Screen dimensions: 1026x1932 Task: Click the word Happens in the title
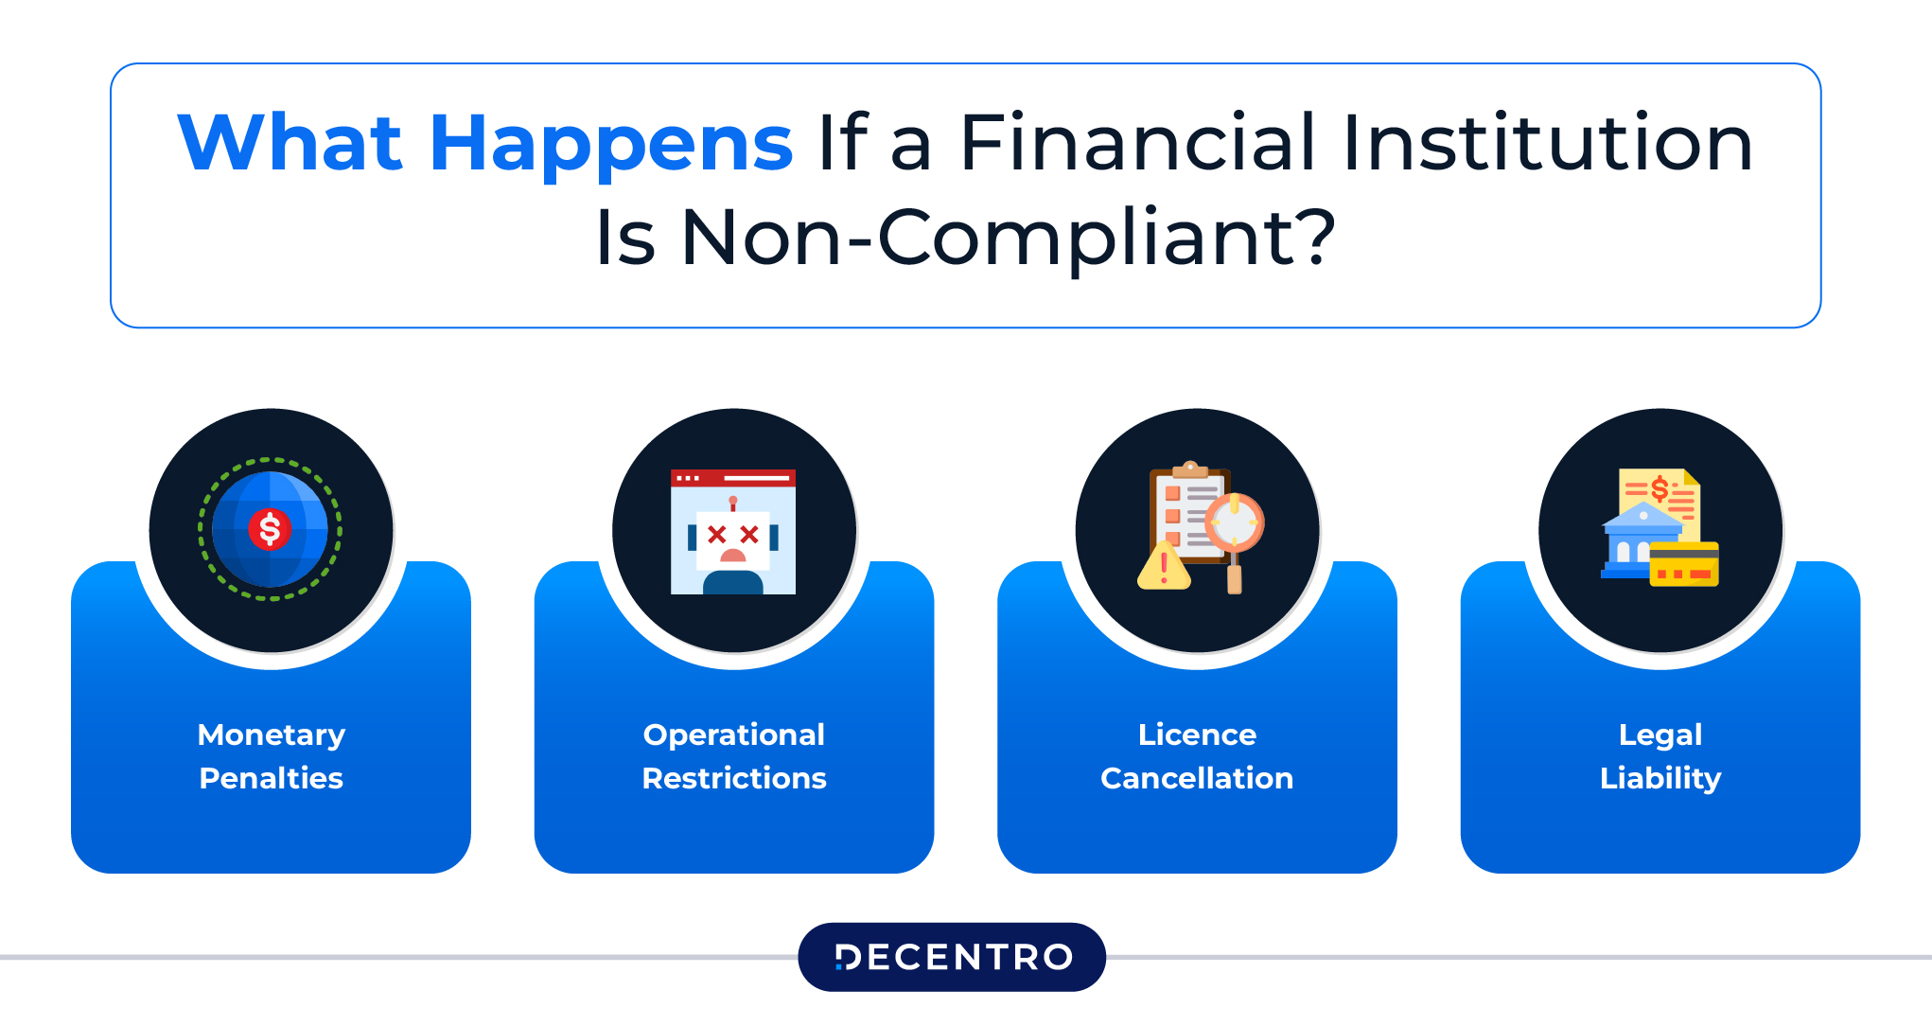(610, 144)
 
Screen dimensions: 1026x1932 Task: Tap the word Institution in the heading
(1547, 144)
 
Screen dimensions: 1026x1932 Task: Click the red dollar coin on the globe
(270, 530)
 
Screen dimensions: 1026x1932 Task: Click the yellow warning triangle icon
(1164, 568)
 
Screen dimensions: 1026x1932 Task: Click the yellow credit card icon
(1684, 565)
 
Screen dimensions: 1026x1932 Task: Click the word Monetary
(272, 734)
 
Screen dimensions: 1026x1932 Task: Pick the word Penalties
(272, 778)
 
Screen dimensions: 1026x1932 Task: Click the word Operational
(733, 734)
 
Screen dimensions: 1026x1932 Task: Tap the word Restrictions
(733, 778)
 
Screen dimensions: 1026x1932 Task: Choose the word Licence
(1197, 734)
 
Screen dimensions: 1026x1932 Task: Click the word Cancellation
(1197, 778)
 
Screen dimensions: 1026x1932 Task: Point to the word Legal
(1660, 734)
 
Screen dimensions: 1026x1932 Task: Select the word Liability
(1660, 778)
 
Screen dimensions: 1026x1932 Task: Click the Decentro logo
(952, 957)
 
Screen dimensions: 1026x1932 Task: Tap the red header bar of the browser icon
(733, 478)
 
